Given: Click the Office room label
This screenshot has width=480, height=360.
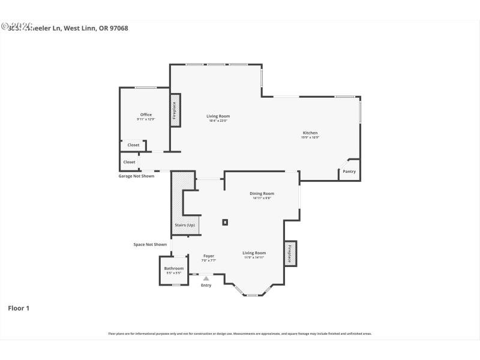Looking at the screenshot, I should (x=146, y=115).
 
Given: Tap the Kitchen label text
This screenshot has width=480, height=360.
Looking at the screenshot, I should (x=310, y=133).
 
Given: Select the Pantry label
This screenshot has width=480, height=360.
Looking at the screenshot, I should (x=349, y=172).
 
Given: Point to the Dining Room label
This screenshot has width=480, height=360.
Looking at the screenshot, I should (x=262, y=193).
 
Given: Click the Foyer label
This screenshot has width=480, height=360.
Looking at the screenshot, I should (x=208, y=256).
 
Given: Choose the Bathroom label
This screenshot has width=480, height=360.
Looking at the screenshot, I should (x=174, y=268).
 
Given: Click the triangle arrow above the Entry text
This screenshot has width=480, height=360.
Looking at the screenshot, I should (x=206, y=278).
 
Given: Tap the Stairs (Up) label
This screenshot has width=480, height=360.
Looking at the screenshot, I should (x=185, y=225).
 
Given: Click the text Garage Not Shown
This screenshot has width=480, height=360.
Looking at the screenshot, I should (x=136, y=176).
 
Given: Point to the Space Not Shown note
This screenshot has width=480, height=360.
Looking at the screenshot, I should (x=150, y=244).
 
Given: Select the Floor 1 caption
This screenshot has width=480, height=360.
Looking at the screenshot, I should (x=19, y=308).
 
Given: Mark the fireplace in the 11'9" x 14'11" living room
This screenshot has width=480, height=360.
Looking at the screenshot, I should (x=290, y=253).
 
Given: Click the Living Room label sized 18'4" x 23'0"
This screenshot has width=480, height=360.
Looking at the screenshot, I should (x=218, y=116).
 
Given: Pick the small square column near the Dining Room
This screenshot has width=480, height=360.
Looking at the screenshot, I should (x=225, y=222).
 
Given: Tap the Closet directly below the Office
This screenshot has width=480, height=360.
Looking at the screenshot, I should (x=133, y=145).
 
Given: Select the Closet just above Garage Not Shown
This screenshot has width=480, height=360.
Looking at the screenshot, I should (x=129, y=162).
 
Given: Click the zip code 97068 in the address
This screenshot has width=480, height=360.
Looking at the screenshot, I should (x=118, y=28).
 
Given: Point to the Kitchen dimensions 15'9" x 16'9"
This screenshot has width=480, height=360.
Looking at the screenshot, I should (x=310, y=138).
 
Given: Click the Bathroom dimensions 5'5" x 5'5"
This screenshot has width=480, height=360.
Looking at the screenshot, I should (x=174, y=273).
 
